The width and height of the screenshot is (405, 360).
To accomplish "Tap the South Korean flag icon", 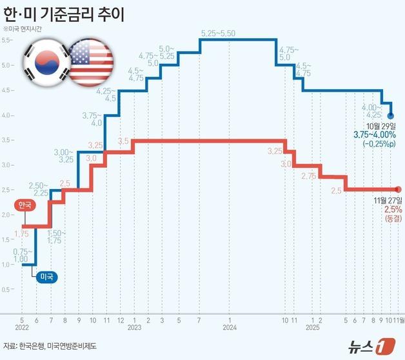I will pos(44,61).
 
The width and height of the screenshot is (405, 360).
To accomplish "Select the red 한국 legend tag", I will pos(23,205).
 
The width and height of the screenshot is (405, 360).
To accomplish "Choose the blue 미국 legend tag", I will pos(47,277).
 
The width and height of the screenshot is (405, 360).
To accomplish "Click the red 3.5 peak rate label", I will pos(124,141).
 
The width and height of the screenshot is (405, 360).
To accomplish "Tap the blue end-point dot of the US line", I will pos(390,116).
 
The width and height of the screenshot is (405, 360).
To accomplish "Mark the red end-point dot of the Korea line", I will pos(397,189).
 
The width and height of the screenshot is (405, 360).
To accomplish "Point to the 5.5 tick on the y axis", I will pos(7,40).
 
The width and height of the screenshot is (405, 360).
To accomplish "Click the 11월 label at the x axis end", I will pos(399,319).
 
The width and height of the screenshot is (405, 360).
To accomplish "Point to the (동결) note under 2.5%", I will pos(393,219).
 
